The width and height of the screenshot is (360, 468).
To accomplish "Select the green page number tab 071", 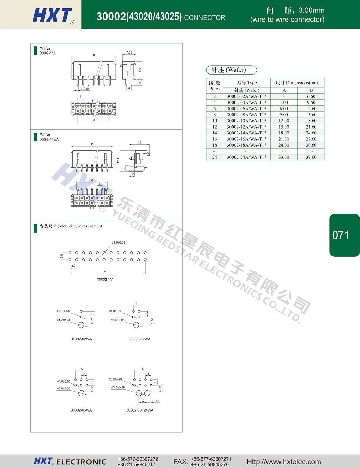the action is (x=344, y=235).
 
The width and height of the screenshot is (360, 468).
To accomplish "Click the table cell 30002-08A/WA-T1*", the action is (x=247, y=115).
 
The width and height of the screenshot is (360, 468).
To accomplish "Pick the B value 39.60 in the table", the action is (x=311, y=157).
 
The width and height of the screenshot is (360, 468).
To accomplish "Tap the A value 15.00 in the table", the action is (x=284, y=127).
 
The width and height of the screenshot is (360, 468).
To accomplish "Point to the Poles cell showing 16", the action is (x=214, y=139).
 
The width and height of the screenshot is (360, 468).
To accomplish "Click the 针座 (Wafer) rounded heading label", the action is (x=231, y=70).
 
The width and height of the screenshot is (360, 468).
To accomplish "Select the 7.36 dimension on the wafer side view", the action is (x=129, y=52).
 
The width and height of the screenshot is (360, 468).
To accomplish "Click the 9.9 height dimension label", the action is (x=140, y=70).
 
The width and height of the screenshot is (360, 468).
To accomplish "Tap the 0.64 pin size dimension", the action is (x=85, y=89).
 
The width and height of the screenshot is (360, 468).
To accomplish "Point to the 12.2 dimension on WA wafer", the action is (x=118, y=160).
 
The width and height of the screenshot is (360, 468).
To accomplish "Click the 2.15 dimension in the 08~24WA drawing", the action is (x=156, y=401).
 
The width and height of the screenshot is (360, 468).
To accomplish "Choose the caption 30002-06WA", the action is (x=81, y=410).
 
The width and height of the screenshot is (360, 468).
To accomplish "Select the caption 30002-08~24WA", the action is (x=140, y=410).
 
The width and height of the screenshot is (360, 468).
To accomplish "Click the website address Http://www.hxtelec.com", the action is (x=284, y=461).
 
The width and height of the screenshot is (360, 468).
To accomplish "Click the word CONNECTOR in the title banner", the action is (x=204, y=18).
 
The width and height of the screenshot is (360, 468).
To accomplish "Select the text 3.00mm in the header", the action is (x=311, y=10).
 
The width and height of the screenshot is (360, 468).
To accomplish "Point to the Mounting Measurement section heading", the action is (x=72, y=226).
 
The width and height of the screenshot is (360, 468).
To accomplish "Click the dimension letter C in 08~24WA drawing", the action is (x=143, y=401).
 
